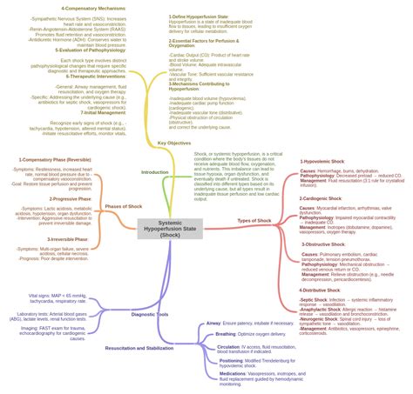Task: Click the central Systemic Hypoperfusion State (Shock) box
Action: pyautogui.click(x=171, y=229)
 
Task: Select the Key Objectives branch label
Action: pyautogui.click(x=173, y=143)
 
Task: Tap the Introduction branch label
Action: pyautogui.click(x=154, y=172)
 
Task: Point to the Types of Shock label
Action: pyautogui.click(x=254, y=220)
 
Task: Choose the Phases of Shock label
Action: pyautogui.click(x=124, y=206)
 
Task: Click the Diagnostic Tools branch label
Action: pyautogui.click(x=150, y=314)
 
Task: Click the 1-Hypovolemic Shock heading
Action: pyautogui.click(x=322, y=162)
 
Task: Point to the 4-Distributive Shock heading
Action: pyautogui.click(x=323, y=290)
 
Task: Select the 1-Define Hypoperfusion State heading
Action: pyautogui.click(x=201, y=17)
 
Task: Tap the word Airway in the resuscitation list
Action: pyautogui.click(x=213, y=323)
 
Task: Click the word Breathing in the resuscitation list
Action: pyautogui.click(x=226, y=334)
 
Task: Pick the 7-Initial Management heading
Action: pyautogui.click(x=103, y=112)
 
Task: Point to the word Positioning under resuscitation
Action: pyautogui.click(x=231, y=359)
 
